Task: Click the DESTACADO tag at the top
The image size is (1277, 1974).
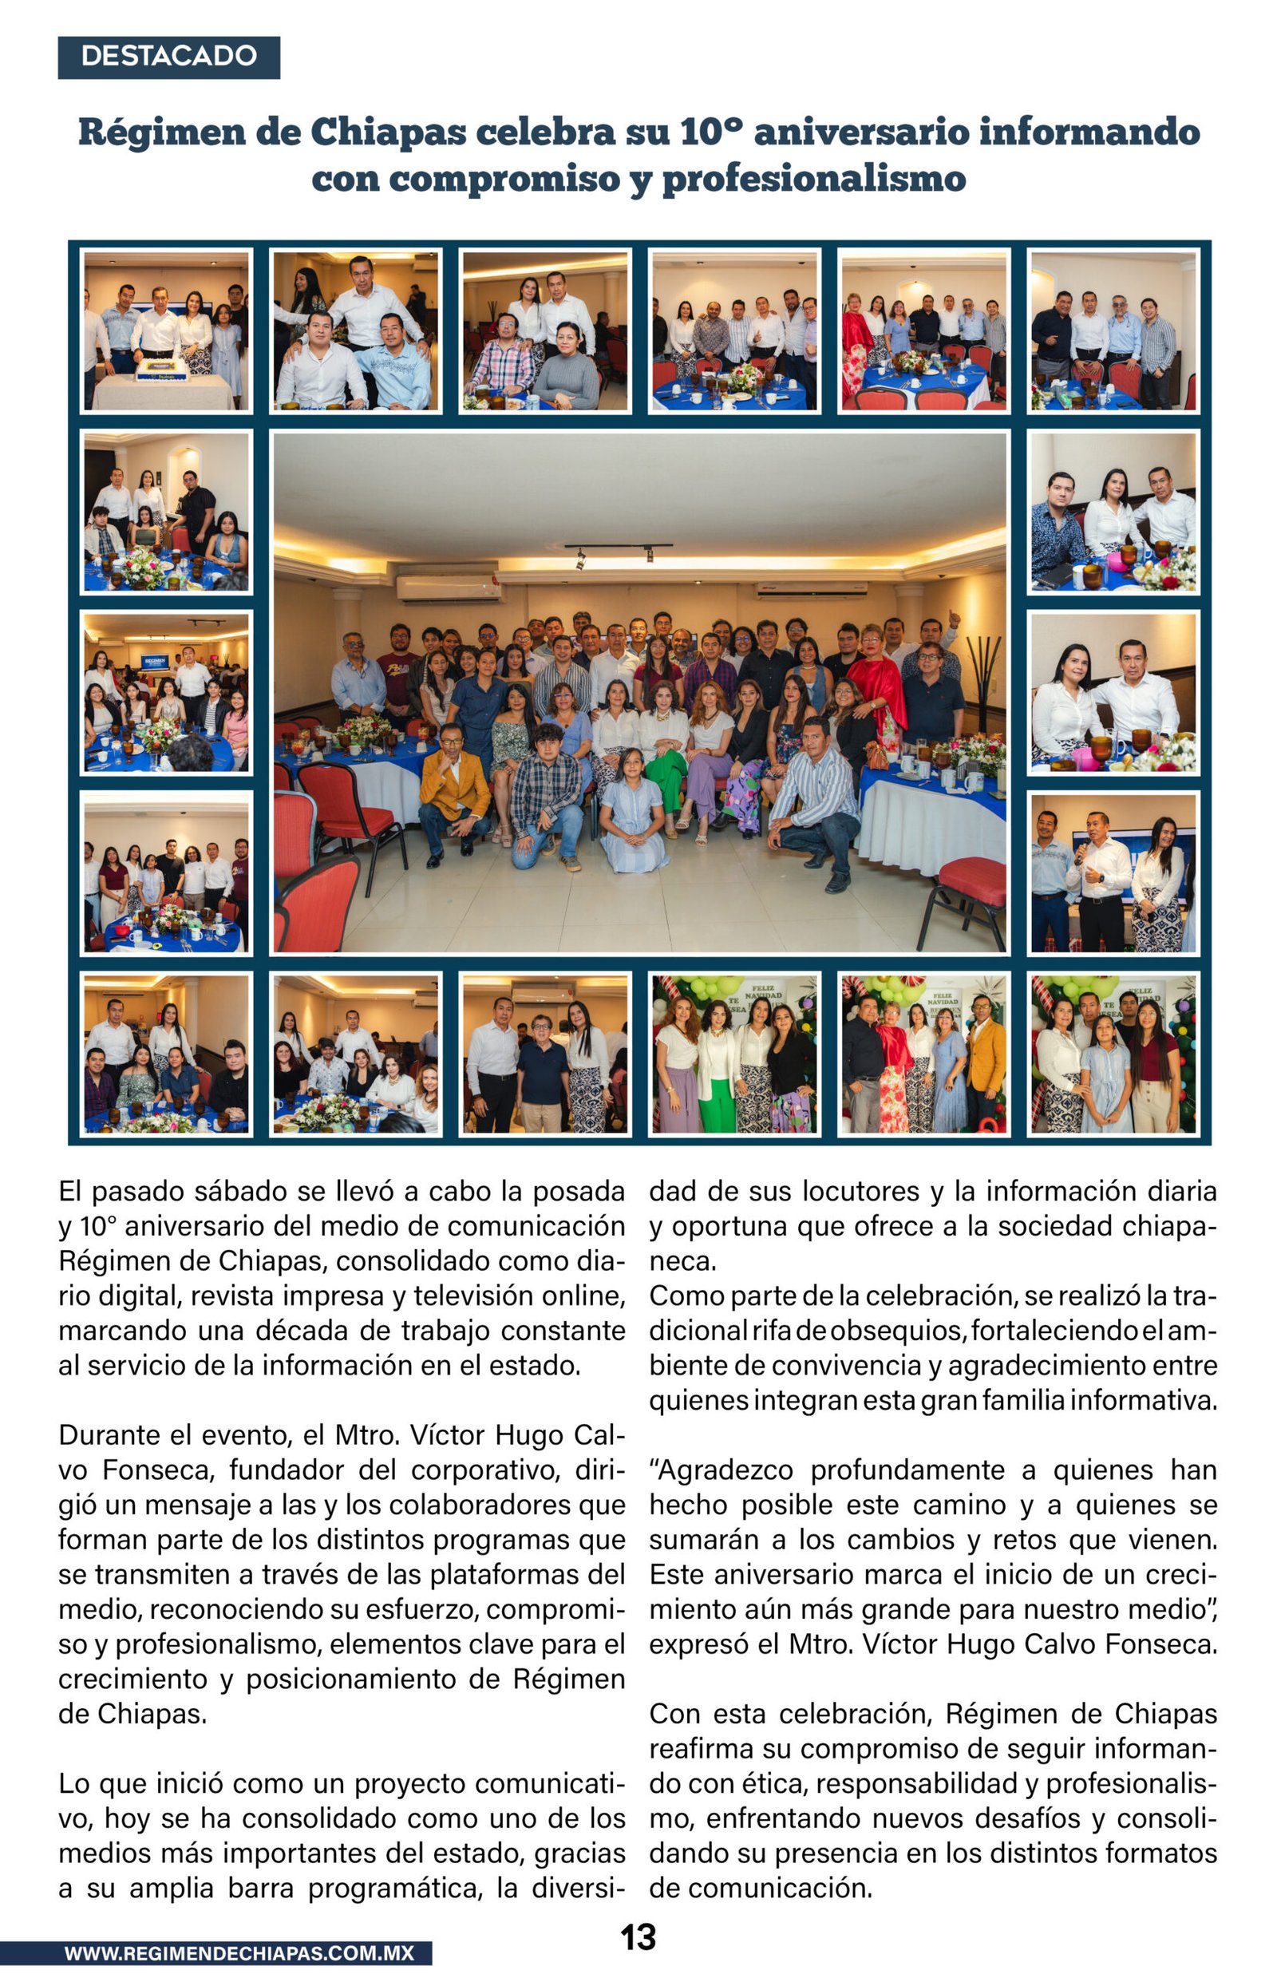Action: click(x=168, y=57)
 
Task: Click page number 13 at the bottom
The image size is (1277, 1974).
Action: click(x=638, y=1937)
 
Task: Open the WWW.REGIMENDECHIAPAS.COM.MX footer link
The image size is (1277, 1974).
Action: click(x=239, y=1953)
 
